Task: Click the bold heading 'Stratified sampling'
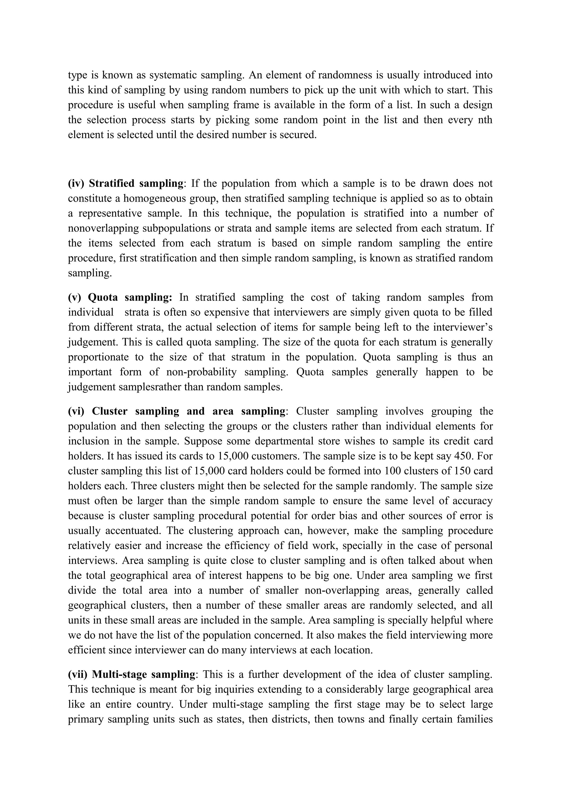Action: click(136, 183)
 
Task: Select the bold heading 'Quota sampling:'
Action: click(130, 297)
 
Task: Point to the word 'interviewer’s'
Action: click(462, 327)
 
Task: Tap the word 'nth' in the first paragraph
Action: click(485, 120)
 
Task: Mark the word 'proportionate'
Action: click(99, 357)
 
